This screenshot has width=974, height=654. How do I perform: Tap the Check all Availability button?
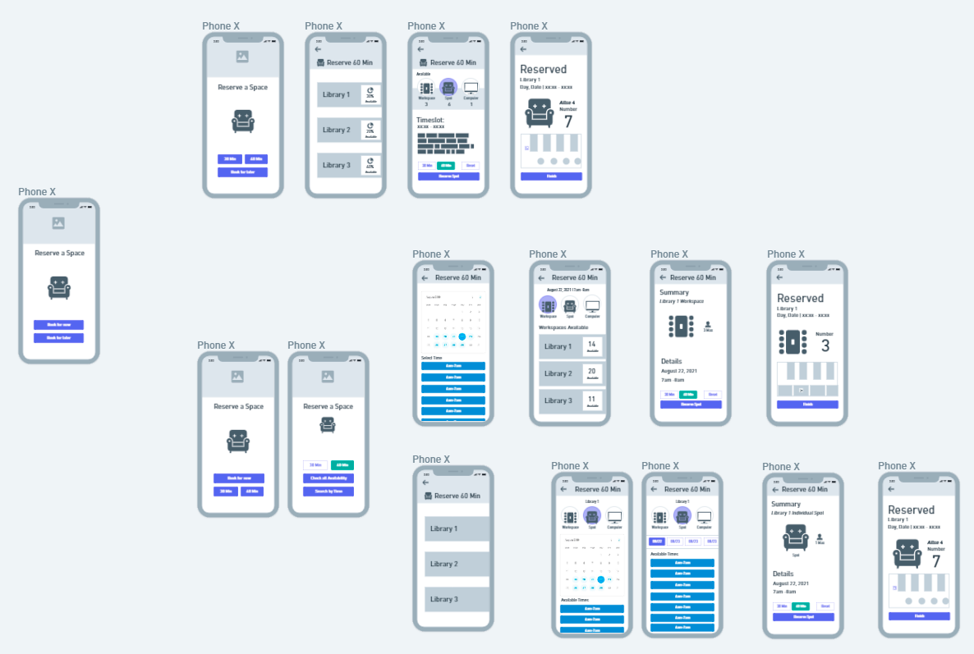pos(328,478)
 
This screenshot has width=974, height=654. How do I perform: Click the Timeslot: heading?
pos(430,120)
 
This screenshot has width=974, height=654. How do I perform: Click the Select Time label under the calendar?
pos(432,358)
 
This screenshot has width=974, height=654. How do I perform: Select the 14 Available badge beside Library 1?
pos(592,346)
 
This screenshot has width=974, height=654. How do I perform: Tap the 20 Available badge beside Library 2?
pos(592,373)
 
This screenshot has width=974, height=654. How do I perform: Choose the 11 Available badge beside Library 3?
pos(592,400)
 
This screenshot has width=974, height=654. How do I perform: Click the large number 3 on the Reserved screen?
pos(825,346)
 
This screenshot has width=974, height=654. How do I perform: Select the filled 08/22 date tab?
pos(657,542)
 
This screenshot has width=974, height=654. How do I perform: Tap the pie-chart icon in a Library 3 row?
pos(370,162)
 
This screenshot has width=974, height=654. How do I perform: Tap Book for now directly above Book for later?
pos(58,325)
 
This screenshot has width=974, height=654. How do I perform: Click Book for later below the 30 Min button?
pos(242,172)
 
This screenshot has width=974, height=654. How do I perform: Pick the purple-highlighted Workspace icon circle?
pos(547,304)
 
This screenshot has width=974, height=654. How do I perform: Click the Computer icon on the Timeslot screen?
pos(471,88)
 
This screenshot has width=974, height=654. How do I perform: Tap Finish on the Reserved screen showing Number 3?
pos(807,405)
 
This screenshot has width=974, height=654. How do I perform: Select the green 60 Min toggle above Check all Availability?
pos(342,465)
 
